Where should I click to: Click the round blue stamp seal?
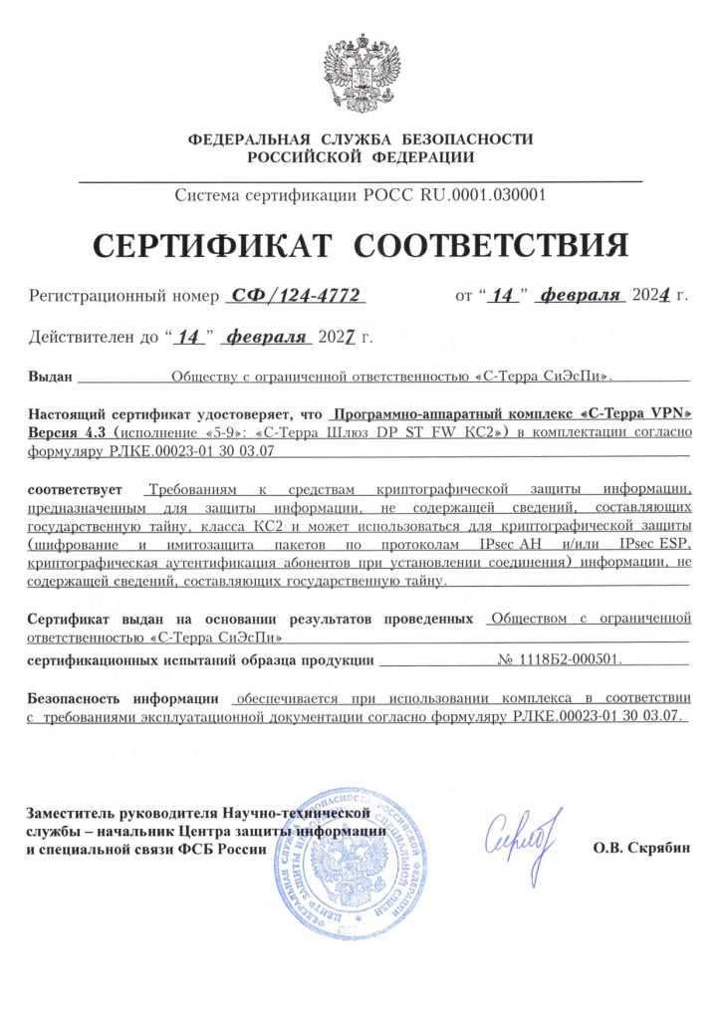(x=349, y=857)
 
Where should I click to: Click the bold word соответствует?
(x=75, y=490)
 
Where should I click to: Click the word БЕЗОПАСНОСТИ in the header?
(x=470, y=138)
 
